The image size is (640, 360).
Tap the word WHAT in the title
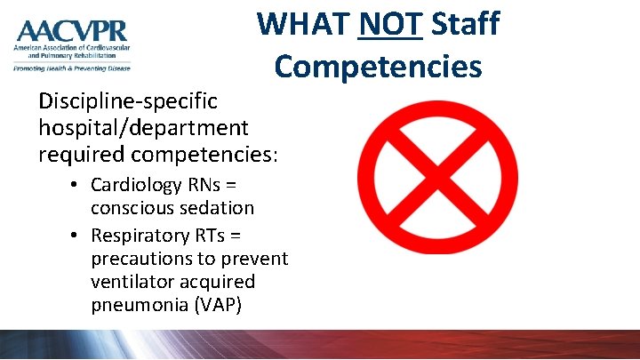[302, 24]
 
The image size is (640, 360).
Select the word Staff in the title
[465, 24]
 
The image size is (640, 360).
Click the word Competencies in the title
[379, 66]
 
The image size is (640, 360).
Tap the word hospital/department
[143, 129]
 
